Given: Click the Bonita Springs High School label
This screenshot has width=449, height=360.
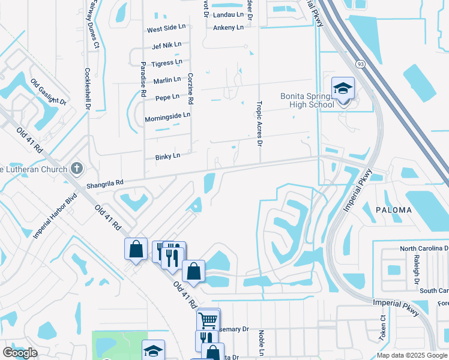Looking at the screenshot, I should pos(307,100).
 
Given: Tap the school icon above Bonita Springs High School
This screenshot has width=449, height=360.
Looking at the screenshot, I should pos(343,89).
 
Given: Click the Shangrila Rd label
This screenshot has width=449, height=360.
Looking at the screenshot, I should pos(104,183).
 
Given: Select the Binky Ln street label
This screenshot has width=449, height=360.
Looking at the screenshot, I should pos(167,157).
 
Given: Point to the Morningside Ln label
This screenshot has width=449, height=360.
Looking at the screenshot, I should pos(167,115).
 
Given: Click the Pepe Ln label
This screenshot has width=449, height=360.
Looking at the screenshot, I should pos(167,97).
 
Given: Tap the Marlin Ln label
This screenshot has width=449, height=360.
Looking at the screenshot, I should pos(167,80).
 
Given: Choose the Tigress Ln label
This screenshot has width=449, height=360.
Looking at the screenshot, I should pos(167,62).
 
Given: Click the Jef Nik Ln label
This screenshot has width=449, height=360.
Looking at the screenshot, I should pos(167,45).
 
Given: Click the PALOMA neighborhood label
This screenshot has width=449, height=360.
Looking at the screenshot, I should pos(394,210).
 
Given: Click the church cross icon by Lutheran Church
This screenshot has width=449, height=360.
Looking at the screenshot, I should pos(76,167).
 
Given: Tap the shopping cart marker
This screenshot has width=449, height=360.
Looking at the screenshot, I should pos(208,320).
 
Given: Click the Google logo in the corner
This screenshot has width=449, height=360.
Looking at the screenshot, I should pos(20,353).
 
